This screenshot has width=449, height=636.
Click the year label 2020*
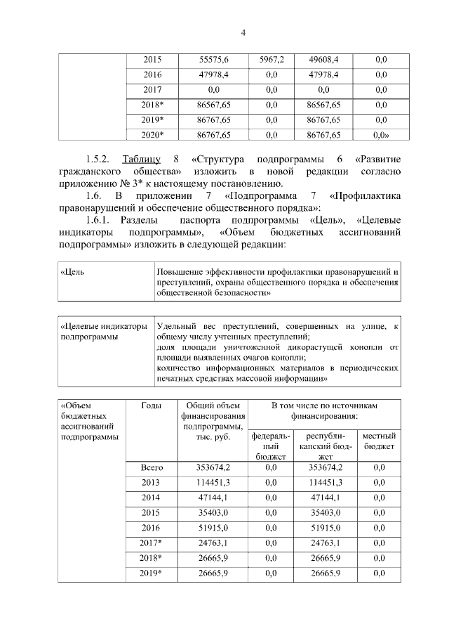152,134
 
